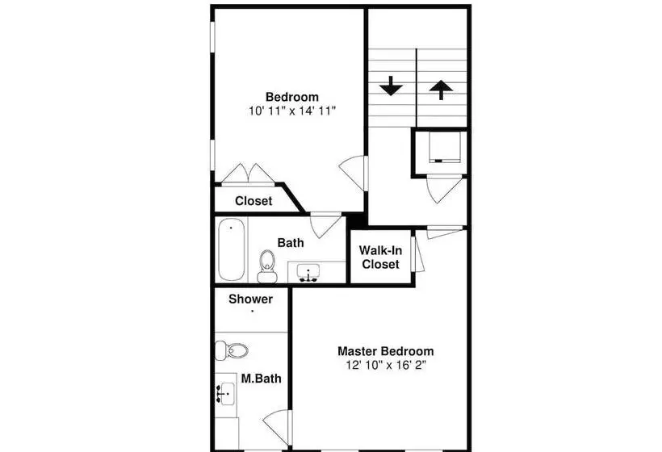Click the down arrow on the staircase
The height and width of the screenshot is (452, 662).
[x=391, y=86]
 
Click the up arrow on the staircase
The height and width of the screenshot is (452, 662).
[x=441, y=90]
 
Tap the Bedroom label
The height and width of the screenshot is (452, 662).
[x=292, y=97]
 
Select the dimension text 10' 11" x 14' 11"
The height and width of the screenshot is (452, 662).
[x=292, y=111]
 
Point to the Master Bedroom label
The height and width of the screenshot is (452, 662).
[x=385, y=351]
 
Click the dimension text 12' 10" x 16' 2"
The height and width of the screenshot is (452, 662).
[x=386, y=365]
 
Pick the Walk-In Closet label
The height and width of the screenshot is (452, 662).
[x=380, y=257]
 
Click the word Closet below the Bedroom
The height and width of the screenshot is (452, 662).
[x=253, y=201]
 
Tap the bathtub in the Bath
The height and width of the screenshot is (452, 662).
[x=232, y=249]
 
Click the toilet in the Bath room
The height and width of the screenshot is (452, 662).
[x=267, y=266]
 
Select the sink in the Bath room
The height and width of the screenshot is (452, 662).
[x=308, y=272]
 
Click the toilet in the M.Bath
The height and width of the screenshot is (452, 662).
[x=232, y=350]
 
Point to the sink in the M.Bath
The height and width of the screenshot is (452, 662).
[x=225, y=394]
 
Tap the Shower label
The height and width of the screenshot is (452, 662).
[x=251, y=299]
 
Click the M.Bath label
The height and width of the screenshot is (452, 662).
[x=261, y=379]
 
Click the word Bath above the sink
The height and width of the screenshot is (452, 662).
[x=291, y=243]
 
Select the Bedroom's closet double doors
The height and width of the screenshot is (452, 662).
[x=249, y=174]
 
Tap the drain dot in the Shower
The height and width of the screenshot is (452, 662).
[x=252, y=312]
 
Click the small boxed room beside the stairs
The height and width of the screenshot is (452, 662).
[x=439, y=153]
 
